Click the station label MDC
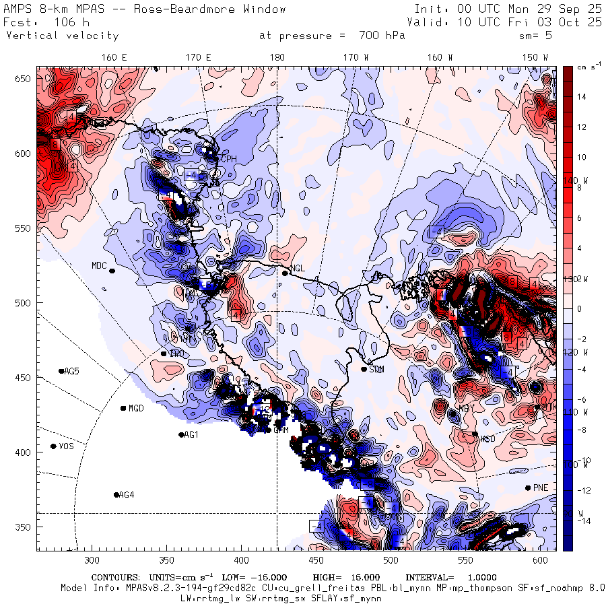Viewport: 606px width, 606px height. point(99,265)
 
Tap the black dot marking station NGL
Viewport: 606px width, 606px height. point(285,273)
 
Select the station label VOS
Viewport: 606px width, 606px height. point(66,446)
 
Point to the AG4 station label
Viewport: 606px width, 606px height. point(127,495)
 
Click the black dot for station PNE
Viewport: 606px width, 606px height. point(527,487)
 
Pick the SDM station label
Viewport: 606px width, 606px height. point(376,369)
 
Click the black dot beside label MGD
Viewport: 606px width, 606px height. point(123,408)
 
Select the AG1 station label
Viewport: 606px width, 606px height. point(192,435)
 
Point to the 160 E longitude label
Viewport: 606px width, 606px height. point(114,58)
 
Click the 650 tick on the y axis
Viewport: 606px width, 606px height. point(25,79)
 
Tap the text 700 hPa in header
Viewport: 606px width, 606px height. point(381,36)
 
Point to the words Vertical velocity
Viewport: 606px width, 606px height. point(62,36)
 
